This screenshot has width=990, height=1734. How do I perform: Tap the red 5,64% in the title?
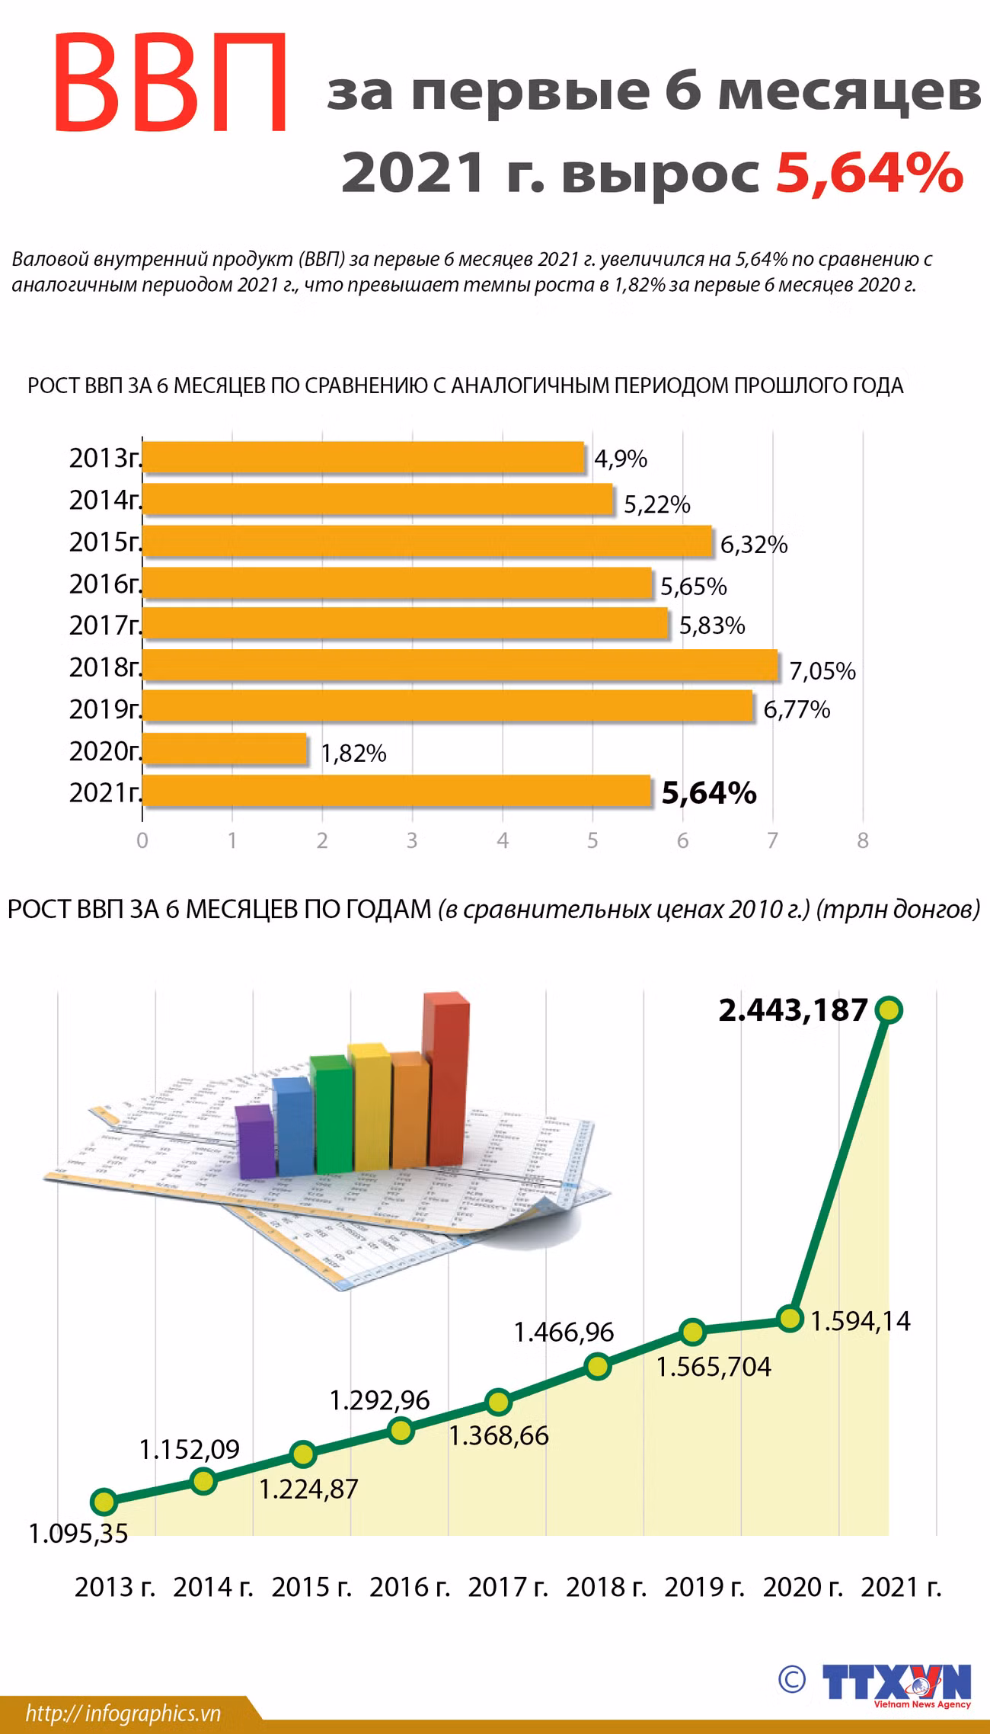(869, 173)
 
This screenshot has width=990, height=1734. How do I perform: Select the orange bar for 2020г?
(225, 750)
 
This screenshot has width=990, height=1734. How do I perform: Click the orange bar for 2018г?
(461, 666)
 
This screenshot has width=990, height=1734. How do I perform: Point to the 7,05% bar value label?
(822, 671)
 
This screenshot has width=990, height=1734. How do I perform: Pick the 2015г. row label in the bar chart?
(105, 542)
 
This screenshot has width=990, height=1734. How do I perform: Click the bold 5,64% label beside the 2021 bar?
(708, 793)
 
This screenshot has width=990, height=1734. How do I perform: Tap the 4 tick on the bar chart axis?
(503, 841)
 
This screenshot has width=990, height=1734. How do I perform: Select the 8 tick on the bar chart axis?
(863, 841)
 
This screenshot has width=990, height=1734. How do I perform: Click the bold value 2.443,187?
(793, 1011)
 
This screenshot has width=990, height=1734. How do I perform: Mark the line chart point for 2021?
(889, 1010)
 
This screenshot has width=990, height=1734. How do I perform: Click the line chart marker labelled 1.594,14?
(790, 1319)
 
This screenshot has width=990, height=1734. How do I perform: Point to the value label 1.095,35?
(78, 1533)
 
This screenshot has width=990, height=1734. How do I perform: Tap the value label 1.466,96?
(564, 1332)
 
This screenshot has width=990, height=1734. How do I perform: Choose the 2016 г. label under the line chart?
(410, 1588)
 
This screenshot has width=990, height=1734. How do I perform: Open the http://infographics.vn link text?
(123, 1713)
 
